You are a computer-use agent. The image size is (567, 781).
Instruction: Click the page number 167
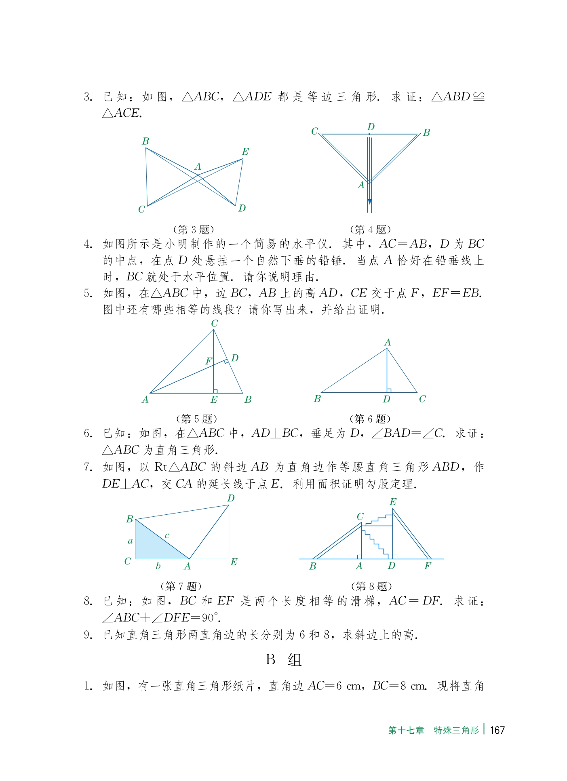click(497, 730)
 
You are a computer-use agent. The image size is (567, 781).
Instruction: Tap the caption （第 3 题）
click(193, 229)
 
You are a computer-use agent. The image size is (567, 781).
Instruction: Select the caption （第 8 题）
click(371, 586)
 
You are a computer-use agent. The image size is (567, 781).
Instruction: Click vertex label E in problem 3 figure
click(245, 152)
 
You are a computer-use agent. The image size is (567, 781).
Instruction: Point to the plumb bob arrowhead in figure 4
click(369, 202)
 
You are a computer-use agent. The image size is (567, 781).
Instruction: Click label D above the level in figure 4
click(371, 127)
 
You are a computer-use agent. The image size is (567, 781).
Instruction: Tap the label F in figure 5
click(209, 361)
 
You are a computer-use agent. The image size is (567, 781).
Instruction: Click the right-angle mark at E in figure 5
click(215, 391)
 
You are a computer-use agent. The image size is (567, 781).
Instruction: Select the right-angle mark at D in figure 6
click(389, 390)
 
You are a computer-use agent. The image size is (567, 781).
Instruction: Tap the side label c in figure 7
click(167, 536)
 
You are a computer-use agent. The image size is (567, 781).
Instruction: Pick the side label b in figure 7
click(158, 566)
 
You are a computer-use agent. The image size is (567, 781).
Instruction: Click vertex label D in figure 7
click(231, 498)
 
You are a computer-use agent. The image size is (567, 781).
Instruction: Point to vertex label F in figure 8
click(428, 566)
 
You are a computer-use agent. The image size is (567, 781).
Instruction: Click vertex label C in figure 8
click(360, 516)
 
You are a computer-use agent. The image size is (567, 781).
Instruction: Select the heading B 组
click(284, 660)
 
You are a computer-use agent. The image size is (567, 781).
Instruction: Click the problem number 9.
click(88, 635)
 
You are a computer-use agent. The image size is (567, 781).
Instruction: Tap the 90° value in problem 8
click(210, 618)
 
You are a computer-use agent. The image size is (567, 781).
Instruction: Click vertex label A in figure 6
click(387, 343)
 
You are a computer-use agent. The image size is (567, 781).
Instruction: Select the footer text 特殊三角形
click(456, 730)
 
